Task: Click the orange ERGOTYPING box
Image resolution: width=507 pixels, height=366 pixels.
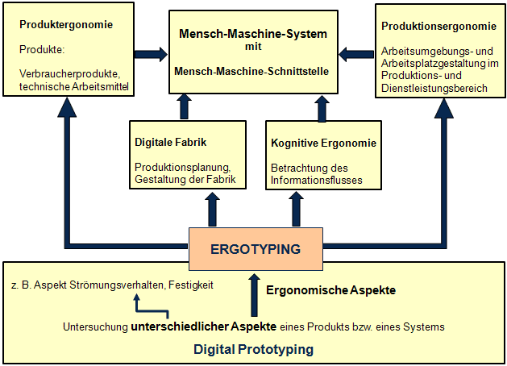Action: (x=255, y=248)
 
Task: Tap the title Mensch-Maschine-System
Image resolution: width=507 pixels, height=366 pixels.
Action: (x=254, y=35)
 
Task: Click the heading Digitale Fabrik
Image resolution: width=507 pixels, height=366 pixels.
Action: (x=171, y=143)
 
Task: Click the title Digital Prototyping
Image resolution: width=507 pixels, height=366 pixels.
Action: (x=254, y=350)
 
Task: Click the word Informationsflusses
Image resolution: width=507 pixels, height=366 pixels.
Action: (x=317, y=180)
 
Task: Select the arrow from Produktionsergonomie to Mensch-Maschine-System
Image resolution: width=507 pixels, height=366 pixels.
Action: (x=354, y=55)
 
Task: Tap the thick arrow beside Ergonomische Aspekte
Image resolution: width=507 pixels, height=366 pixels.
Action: (x=256, y=294)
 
